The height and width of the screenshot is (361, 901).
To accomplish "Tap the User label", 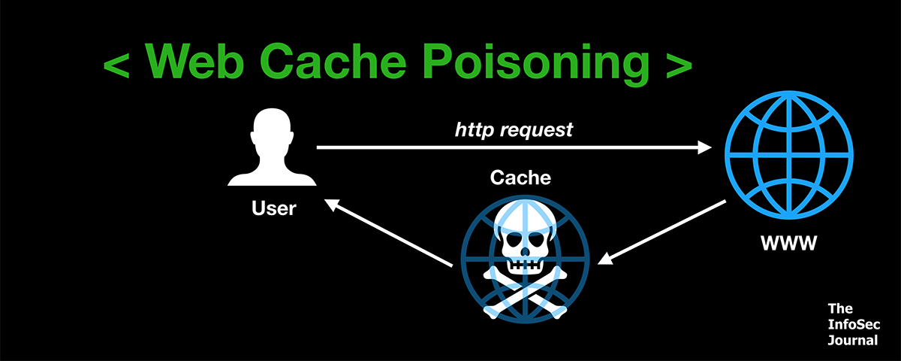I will point(273,207).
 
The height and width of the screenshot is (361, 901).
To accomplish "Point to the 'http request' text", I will point(514,129).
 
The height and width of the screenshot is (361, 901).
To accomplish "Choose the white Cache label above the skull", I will point(520,177).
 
